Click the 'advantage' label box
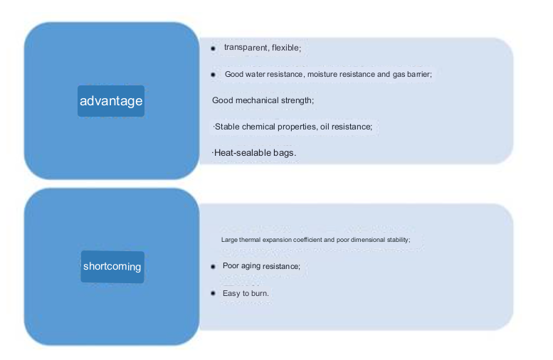[x=111, y=101]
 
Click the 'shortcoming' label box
[x=112, y=267]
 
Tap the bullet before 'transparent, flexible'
[x=213, y=48]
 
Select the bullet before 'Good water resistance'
[x=213, y=75]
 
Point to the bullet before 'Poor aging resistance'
[x=213, y=267]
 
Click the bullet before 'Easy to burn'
[x=213, y=293]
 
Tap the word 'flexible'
[x=286, y=48]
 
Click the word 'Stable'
[x=227, y=127]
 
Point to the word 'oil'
[x=325, y=127]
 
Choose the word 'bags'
[x=284, y=154]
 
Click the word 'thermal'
[x=250, y=240]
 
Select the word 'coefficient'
[x=307, y=240]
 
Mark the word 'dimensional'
[x=368, y=240]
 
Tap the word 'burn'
[x=260, y=293]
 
